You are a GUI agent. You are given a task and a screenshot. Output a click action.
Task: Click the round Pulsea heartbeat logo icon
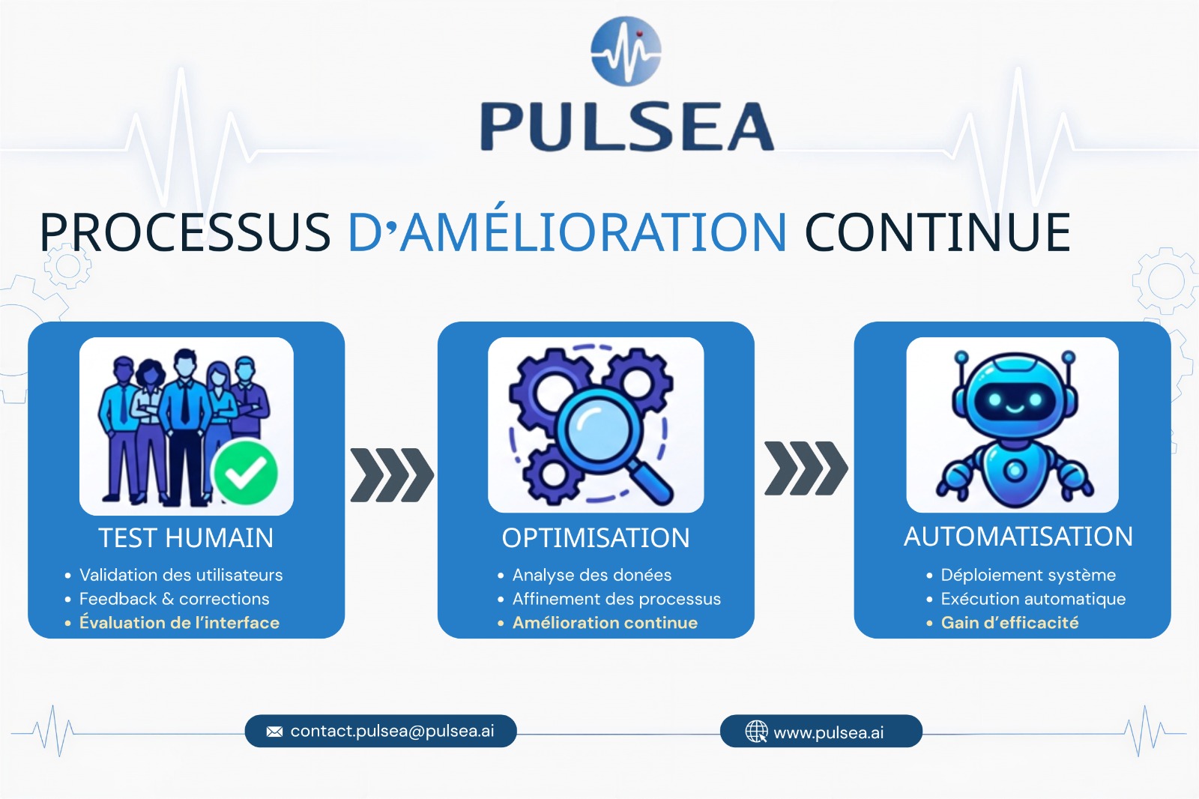pyautogui.click(x=626, y=52)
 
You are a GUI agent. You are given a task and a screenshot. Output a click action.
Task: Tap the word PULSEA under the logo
pyautogui.click(x=626, y=127)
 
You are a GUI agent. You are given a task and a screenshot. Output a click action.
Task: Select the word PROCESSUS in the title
pyautogui.click(x=185, y=232)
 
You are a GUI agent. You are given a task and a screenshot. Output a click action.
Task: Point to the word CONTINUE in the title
pyautogui.click(x=937, y=232)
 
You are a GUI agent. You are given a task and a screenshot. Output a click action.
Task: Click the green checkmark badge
pyautogui.click(x=246, y=472)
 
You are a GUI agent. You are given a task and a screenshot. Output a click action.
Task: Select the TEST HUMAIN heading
pyautogui.click(x=186, y=537)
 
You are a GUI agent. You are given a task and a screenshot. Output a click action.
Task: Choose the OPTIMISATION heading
pyautogui.click(x=596, y=537)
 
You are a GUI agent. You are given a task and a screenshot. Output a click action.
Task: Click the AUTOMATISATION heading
pyautogui.click(x=1018, y=536)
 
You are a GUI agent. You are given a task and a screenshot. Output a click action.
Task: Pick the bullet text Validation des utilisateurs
pyautogui.click(x=181, y=575)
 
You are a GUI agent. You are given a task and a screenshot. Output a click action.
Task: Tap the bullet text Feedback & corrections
pyautogui.click(x=174, y=599)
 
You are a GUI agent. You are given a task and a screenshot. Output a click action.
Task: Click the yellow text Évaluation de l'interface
pyautogui.click(x=179, y=622)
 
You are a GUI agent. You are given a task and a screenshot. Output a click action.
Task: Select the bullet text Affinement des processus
pyautogui.click(x=617, y=599)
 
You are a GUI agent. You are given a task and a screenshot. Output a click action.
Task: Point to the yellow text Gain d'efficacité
pyautogui.click(x=1009, y=622)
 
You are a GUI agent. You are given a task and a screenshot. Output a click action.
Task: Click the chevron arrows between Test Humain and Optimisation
pyautogui.click(x=392, y=475)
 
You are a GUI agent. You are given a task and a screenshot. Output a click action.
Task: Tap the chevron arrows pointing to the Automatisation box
pyautogui.click(x=806, y=468)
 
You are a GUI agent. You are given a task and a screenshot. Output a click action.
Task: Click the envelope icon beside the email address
pyautogui.click(x=274, y=732)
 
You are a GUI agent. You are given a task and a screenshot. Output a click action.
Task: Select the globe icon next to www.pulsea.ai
pyautogui.click(x=756, y=732)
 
